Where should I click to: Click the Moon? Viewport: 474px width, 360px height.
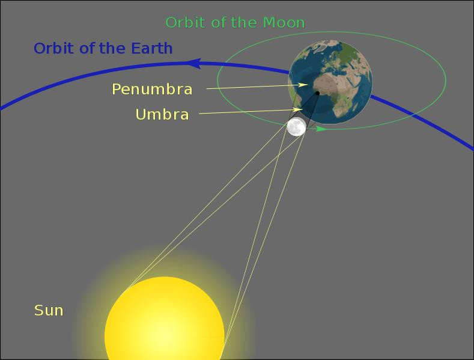point(296,127)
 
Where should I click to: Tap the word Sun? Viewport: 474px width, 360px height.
point(49,311)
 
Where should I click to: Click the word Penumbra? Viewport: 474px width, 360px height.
point(152,90)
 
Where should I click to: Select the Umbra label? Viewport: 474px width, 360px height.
point(162,114)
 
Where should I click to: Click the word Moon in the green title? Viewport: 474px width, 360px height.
point(283,23)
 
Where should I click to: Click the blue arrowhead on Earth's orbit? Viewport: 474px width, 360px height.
point(193,63)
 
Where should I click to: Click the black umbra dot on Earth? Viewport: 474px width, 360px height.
point(317,93)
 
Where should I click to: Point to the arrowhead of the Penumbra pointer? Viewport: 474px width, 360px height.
point(305,85)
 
